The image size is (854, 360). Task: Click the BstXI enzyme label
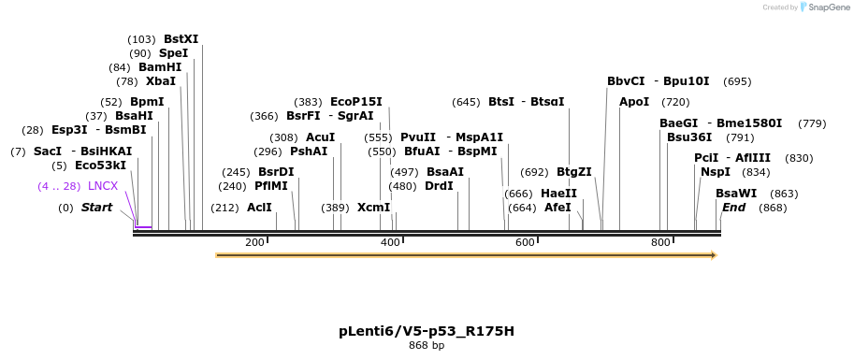[x=181, y=39]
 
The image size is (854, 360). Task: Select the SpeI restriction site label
[x=173, y=53]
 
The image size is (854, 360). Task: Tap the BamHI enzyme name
[x=160, y=67]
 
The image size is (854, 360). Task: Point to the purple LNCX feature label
[x=103, y=186]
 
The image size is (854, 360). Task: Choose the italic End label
[x=733, y=208]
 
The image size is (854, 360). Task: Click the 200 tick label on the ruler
[x=254, y=243]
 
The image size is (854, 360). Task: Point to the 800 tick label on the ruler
[x=660, y=243]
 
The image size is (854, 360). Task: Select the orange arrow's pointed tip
[x=715, y=254]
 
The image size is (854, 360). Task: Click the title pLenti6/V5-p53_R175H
[x=427, y=331]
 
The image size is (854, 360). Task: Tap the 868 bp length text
[x=427, y=346]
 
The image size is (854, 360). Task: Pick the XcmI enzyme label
[x=374, y=208]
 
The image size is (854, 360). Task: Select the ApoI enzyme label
[x=634, y=102]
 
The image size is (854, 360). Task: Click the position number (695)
[x=737, y=81]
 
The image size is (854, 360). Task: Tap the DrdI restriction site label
[x=439, y=186]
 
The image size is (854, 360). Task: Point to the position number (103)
[x=141, y=39]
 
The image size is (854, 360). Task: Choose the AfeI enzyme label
[x=557, y=208]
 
